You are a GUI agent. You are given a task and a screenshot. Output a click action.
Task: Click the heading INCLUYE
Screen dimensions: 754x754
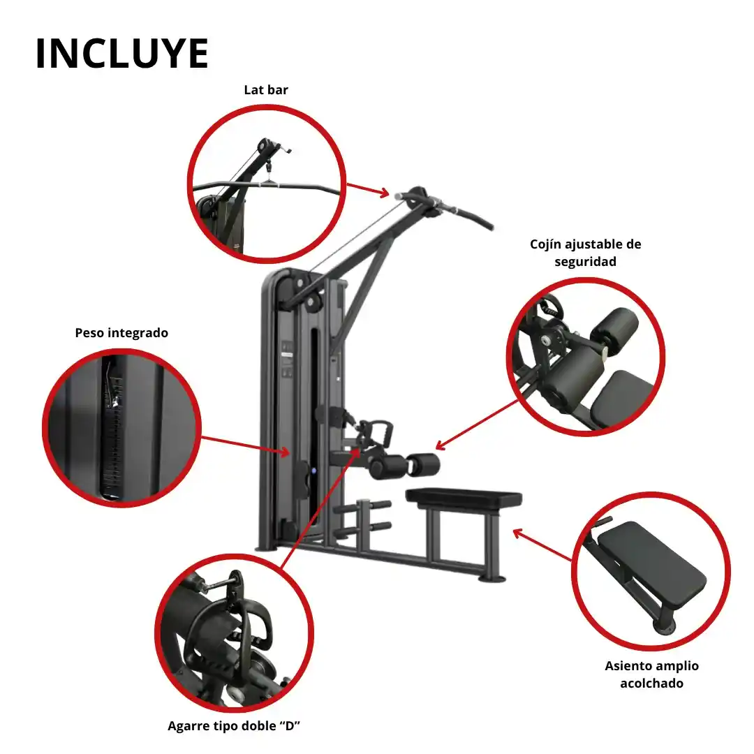122,53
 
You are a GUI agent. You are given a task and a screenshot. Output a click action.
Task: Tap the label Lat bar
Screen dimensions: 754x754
266,90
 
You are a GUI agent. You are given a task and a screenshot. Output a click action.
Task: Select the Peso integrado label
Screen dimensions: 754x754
121,333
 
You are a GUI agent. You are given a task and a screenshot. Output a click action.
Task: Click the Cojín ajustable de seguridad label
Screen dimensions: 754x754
585,253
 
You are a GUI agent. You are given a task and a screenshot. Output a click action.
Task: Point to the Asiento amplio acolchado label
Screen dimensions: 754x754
651,674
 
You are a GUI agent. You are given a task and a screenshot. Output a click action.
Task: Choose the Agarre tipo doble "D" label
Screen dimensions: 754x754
234,725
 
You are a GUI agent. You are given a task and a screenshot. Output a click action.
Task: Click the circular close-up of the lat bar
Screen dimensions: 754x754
267,184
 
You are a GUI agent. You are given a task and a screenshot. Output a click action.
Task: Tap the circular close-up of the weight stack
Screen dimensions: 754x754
121,427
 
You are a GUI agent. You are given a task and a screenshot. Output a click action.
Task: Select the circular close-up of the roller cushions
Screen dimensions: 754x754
586,357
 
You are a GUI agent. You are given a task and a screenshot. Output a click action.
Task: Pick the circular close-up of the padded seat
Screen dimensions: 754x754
651,571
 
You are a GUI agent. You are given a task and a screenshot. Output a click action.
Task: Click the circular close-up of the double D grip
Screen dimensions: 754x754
234,633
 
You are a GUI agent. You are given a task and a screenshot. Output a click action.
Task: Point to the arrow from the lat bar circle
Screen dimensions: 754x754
368,190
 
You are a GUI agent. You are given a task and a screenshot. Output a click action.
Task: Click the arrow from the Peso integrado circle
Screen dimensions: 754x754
245,445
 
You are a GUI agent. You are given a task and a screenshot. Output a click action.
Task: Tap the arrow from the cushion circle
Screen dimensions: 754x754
477,424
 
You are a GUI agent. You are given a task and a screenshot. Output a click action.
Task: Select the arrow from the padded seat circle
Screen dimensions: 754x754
542,545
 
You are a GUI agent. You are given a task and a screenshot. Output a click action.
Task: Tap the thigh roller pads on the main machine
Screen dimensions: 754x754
404,466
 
